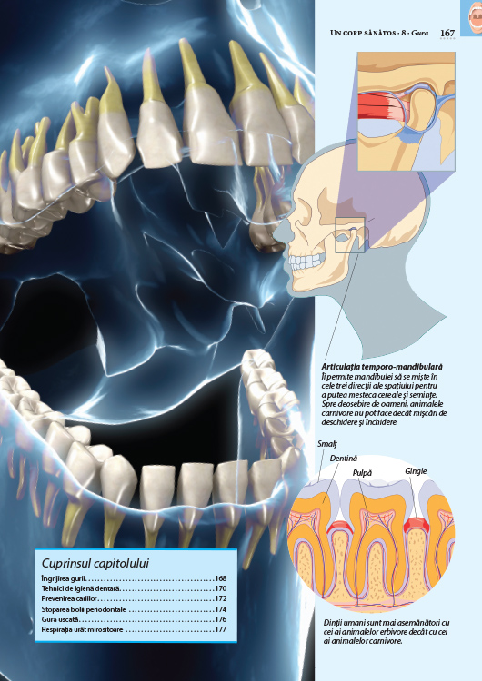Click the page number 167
pos(447,33)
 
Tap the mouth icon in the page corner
pos(473,18)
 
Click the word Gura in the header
pos(420,33)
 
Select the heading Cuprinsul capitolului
pos(95,563)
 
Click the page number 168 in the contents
pos(221,578)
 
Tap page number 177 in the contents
pos(221,629)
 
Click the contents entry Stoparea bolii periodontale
pos(84,609)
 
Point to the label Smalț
pos(327,444)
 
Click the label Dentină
pos(343,459)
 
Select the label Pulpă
pos(362,472)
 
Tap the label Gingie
pos(416,471)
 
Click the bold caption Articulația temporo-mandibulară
pos(382,367)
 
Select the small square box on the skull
pos(350,235)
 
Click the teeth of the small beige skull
pos(306,262)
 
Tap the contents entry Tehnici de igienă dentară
pos(80,589)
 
